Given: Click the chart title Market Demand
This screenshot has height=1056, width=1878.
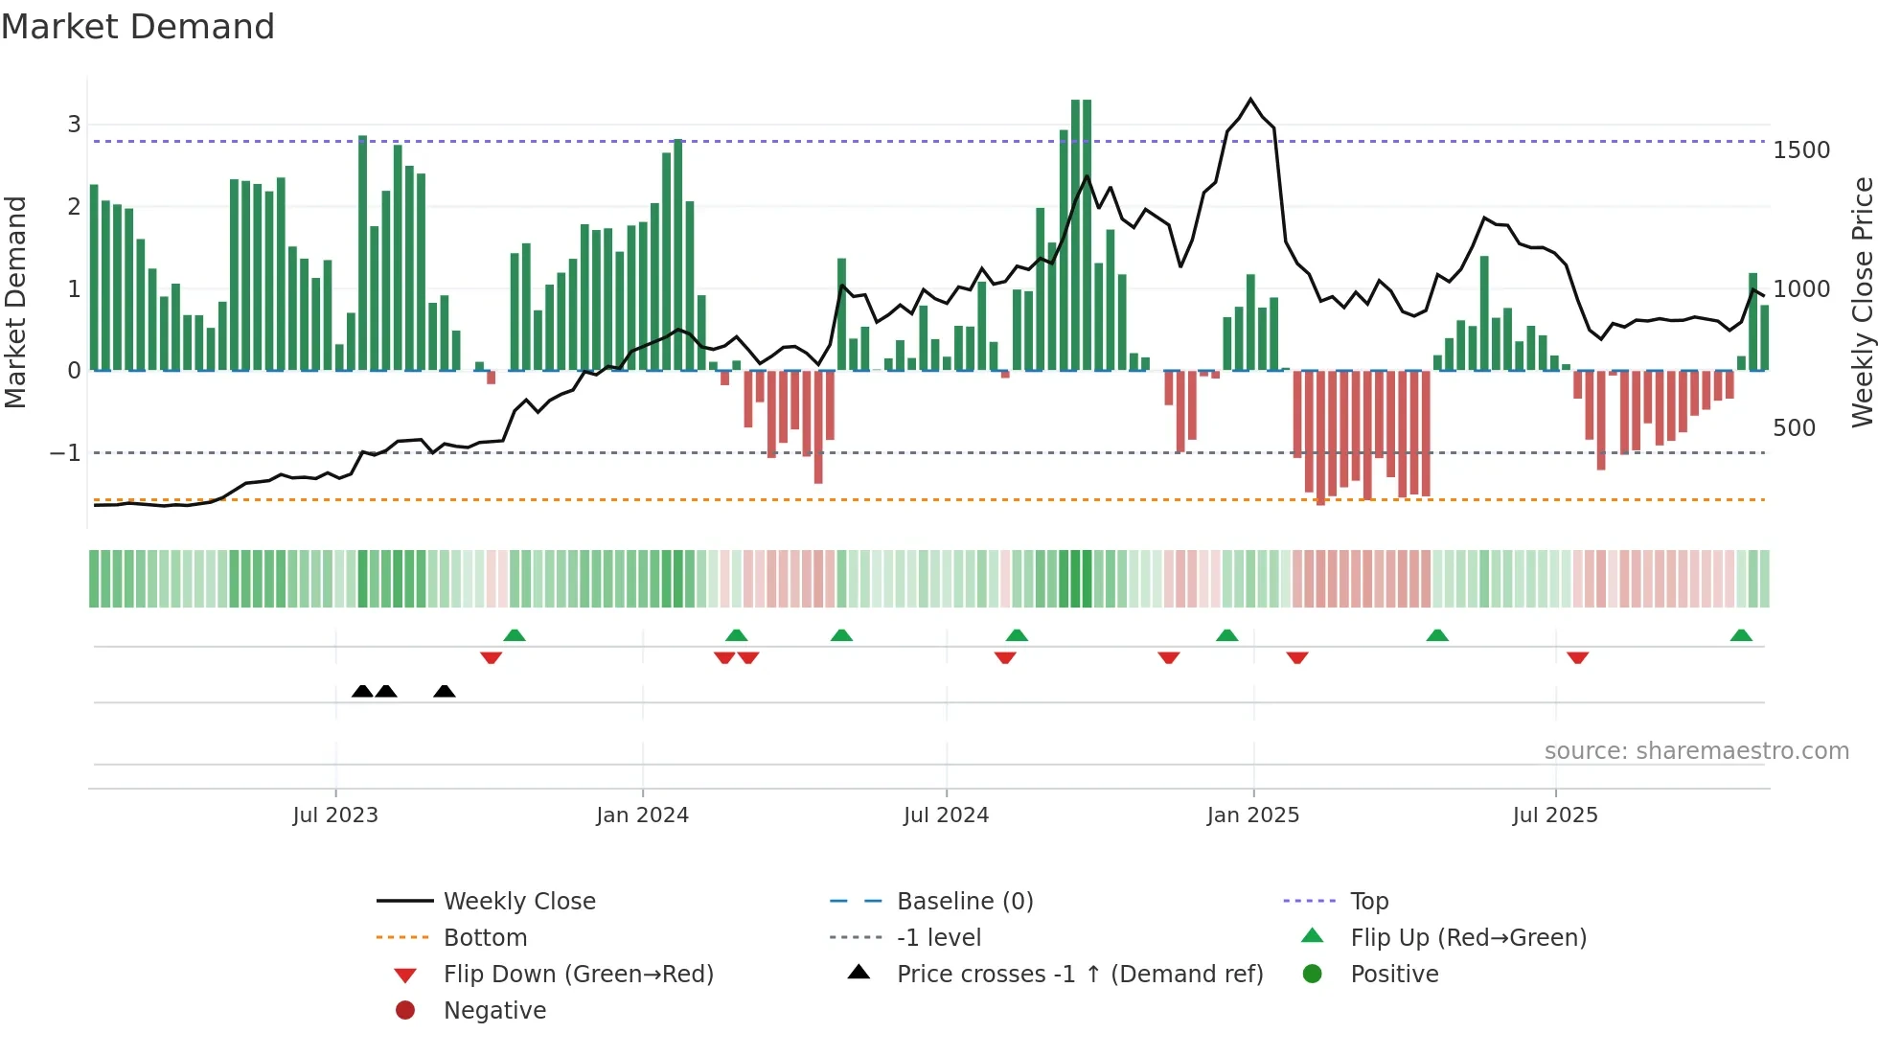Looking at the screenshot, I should (138, 26).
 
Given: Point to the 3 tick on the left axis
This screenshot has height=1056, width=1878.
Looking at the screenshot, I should (74, 124).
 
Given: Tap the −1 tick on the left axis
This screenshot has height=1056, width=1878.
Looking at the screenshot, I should (65, 452).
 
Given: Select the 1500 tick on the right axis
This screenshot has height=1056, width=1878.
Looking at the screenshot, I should (1801, 150).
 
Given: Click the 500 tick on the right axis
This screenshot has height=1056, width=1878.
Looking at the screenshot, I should (1794, 427).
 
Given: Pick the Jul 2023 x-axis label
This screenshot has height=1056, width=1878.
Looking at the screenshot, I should (335, 815).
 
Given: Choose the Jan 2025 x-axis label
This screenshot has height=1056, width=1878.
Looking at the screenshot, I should (1252, 815).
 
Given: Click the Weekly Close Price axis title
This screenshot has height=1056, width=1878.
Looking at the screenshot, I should (1862, 302).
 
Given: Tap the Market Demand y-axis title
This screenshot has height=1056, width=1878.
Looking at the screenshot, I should (15, 302).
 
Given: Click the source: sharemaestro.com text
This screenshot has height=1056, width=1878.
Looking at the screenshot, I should (1696, 751).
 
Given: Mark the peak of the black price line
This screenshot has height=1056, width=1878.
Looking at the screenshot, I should (1250, 99).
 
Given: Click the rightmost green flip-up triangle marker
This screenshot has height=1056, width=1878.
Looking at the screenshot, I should (1741, 635).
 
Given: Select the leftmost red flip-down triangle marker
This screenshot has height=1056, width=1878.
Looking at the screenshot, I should (491, 657).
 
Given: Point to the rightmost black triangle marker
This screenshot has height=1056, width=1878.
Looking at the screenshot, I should (444, 691).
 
